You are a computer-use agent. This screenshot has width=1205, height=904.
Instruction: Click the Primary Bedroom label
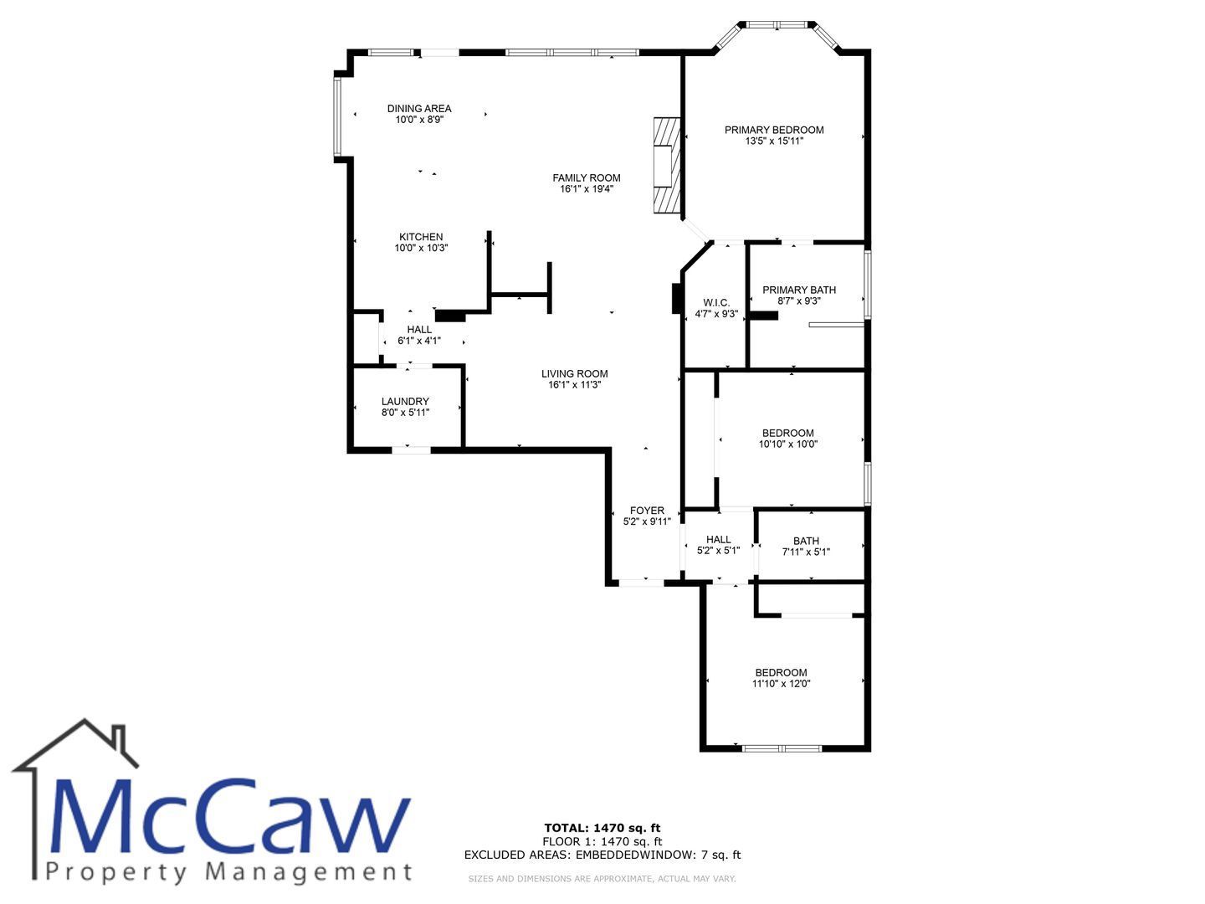point(773,130)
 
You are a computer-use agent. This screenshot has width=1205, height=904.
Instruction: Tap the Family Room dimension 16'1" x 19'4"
point(586,189)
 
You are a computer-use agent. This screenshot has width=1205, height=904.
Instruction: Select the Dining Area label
point(419,109)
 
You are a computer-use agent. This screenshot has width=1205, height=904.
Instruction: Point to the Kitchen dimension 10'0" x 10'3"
point(421,248)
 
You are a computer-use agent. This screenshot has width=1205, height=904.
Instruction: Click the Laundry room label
point(405,401)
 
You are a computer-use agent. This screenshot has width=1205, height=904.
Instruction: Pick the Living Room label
point(574,374)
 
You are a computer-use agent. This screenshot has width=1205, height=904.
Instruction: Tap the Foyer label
point(647,511)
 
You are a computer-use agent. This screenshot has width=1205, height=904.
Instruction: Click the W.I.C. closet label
point(716,303)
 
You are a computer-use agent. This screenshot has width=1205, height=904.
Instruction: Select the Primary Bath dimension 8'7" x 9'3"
point(799,300)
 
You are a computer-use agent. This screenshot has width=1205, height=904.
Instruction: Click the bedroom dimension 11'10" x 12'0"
point(781,683)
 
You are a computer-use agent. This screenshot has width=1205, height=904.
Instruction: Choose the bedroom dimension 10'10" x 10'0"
point(787,444)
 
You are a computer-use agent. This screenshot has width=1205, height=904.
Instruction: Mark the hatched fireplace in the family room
point(666,165)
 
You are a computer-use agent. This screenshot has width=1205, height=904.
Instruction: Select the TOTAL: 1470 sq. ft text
point(602,828)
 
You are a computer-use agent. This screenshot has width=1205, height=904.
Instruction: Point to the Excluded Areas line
point(602,855)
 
